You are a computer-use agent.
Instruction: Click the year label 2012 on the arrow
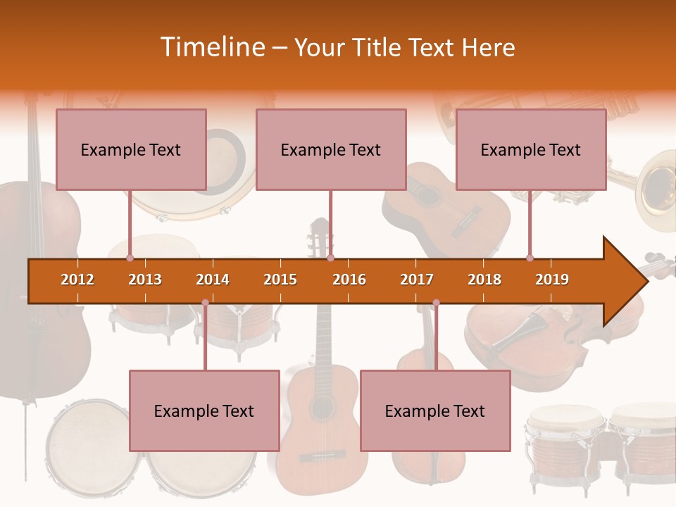click(77, 280)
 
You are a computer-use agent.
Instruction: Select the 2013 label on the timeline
click(145, 280)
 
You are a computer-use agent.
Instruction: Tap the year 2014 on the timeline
click(213, 280)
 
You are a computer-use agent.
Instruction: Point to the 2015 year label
click(280, 280)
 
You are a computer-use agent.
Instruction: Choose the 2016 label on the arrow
click(349, 280)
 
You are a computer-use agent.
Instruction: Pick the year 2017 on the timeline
click(417, 280)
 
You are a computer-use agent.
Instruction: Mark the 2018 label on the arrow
click(484, 280)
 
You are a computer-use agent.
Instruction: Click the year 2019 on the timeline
click(552, 280)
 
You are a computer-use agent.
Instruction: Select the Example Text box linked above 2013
click(131, 149)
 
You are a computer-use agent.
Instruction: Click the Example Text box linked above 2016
click(331, 149)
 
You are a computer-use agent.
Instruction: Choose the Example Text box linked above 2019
click(531, 149)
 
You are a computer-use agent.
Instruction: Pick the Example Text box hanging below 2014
click(204, 411)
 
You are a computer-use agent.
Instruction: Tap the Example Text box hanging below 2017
click(435, 411)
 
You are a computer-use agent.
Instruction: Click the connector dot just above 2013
click(130, 258)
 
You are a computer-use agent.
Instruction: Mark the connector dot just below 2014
click(205, 303)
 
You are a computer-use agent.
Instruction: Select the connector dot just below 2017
click(436, 303)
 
